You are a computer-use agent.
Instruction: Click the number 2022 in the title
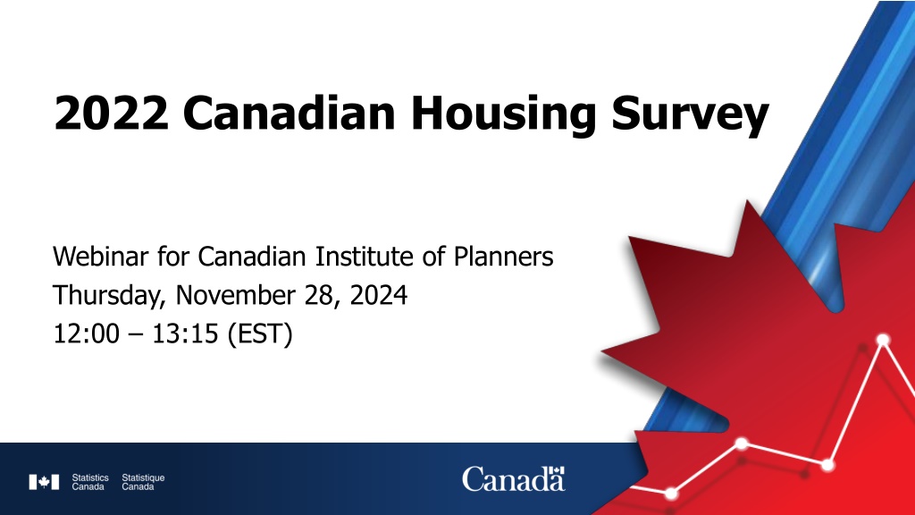point(111,113)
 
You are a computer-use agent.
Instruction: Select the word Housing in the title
point(504,115)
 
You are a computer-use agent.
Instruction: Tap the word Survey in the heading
point(690,115)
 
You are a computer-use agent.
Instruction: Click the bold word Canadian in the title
point(289,112)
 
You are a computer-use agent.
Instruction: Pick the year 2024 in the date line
point(378,295)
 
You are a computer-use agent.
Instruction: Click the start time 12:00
point(87,334)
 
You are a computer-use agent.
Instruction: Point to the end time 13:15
point(185,334)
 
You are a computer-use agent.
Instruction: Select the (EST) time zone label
point(260,334)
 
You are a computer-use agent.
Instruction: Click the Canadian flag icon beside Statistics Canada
point(44,482)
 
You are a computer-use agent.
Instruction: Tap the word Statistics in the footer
point(90,477)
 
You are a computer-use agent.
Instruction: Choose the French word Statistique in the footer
point(143,477)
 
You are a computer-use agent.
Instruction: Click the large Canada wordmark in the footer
point(514,479)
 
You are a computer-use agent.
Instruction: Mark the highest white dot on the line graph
point(883,340)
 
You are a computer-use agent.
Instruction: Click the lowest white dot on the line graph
point(671,494)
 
